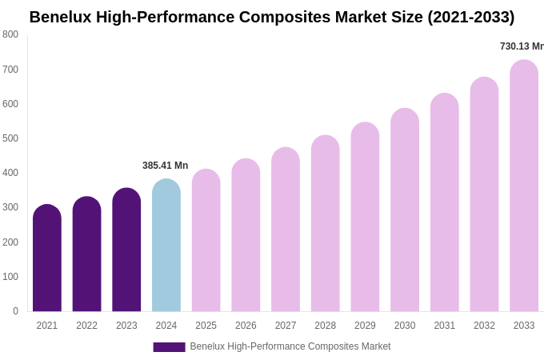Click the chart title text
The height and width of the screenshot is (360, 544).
272,17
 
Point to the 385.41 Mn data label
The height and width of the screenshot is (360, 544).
165,166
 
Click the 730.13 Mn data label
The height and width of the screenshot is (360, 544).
522,46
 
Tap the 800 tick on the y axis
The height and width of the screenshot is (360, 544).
10,34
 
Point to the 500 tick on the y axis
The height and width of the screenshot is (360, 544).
10,138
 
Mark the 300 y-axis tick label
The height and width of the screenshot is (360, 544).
10,207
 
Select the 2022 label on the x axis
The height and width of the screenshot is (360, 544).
86,326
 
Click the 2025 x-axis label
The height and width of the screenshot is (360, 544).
206,326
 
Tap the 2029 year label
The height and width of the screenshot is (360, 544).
365,326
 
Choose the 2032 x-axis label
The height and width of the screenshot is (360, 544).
484,326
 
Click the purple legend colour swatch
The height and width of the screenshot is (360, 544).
169,347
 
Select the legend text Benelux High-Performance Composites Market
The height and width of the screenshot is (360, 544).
290,346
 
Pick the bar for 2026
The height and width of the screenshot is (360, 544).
246,235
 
